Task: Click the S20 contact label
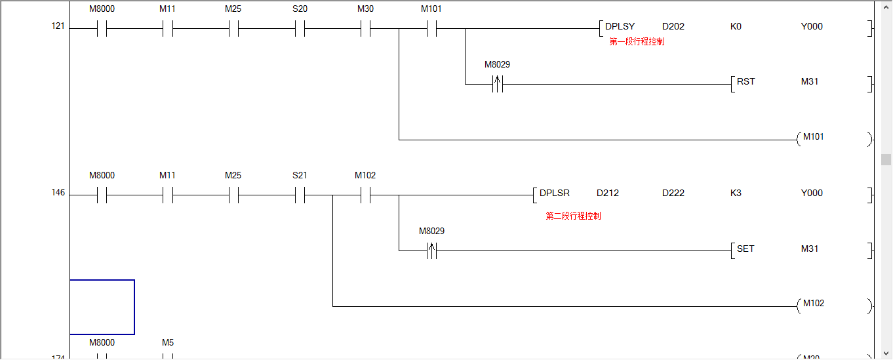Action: tap(300, 9)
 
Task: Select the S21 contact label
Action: tap(300, 176)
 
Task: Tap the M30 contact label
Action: tap(365, 9)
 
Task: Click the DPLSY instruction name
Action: tap(620, 27)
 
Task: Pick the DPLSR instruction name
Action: tap(554, 193)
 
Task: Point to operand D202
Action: tap(673, 27)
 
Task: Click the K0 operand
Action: tap(736, 27)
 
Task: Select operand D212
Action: tap(608, 193)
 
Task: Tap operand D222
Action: tap(673, 193)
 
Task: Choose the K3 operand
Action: tap(736, 193)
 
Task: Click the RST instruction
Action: tap(745, 82)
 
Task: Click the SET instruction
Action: tap(745, 249)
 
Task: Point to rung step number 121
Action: tap(58, 27)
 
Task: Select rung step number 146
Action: tap(58, 193)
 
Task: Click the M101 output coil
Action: tap(813, 138)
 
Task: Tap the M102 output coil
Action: tap(813, 304)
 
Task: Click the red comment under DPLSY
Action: tap(637, 42)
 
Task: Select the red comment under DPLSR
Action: tap(573, 216)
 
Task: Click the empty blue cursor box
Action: tap(102, 307)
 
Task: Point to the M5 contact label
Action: tap(168, 343)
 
